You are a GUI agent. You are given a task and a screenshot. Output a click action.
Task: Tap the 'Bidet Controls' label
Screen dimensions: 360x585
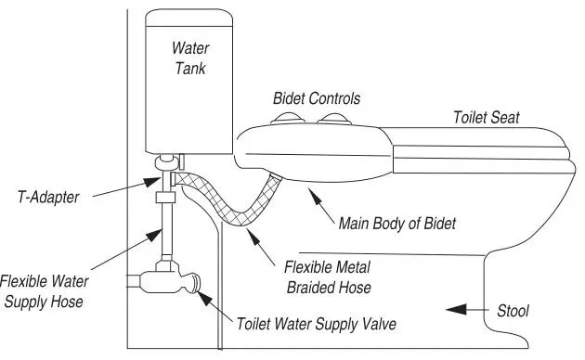[317, 97]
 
